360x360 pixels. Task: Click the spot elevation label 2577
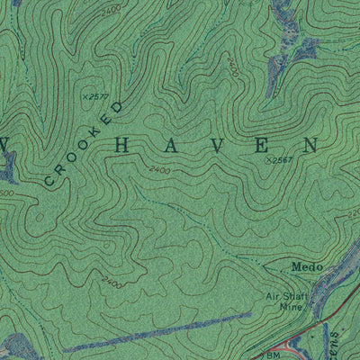pos(95,94)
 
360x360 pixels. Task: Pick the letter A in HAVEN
pos(182,144)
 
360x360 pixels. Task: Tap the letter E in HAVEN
pos(266,144)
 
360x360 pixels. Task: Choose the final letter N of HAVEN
pos(310,144)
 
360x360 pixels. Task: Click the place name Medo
pos(306,266)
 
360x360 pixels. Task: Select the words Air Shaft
pos(284,295)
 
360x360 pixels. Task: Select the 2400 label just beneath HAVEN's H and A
pos(159,168)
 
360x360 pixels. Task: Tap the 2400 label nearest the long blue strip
pos(112,282)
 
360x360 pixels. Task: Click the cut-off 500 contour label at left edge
pos(5,193)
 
